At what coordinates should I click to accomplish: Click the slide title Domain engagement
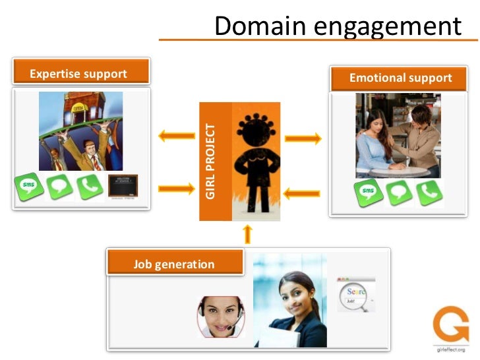coord(337,26)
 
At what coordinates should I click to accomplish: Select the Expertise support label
coord(78,73)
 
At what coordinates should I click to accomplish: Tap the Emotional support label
coord(400,78)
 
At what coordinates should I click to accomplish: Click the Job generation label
coord(174,264)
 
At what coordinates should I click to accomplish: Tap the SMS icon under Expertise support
coord(30,187)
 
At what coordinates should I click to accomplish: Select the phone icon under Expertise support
coord(90,187)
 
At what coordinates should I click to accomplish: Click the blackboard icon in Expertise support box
coord(123,187)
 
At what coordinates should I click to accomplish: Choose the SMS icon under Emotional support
coord(369,193)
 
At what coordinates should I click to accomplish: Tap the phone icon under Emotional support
coord(430,193)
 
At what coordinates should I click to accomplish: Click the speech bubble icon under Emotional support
coord(400,193)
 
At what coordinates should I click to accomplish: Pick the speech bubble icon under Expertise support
coord(60,187)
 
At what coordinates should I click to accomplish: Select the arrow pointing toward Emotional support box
coord(303,138)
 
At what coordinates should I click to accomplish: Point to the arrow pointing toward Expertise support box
coord(177,136)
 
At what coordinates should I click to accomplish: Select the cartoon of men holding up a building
coord(80,131)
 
